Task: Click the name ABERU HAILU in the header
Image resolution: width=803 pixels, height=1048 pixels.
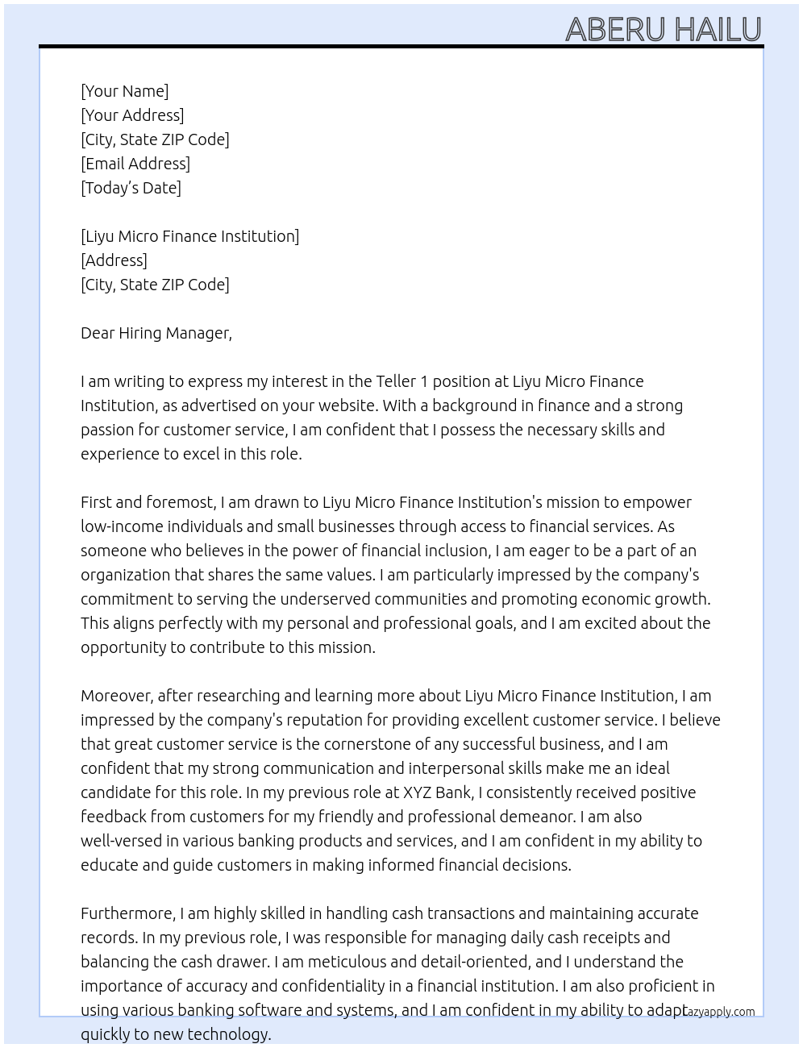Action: (663, 29)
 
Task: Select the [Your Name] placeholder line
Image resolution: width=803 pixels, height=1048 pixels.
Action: (124, 91)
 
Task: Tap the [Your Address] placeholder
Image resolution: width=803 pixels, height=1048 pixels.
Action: (132, 115)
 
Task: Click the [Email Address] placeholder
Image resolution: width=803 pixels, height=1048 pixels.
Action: (135, 164)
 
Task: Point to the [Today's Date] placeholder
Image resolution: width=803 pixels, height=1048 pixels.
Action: (131, 188)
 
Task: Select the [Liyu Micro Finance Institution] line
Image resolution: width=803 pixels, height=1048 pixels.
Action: (189, 236)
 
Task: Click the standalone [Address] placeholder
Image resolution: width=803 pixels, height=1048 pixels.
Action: (114, 260)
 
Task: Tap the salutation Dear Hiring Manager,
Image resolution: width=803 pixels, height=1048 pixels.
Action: (156, 333)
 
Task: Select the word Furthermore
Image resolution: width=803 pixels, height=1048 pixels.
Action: (127, 913)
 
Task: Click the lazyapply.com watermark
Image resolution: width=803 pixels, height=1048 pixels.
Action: (718, 1012)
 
